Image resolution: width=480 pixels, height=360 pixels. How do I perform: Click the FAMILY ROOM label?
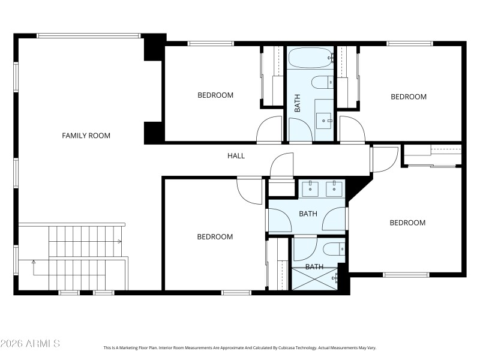click(86, 136)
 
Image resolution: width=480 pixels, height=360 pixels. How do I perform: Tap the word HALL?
click(236, 156)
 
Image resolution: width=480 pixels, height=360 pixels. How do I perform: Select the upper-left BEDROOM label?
click(215, 95)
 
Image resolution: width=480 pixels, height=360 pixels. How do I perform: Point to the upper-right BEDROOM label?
click(409, 97)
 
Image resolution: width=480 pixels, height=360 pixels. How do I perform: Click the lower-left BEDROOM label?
click(215, 237)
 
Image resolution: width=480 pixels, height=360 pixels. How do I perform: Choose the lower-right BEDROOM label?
click(407, 223)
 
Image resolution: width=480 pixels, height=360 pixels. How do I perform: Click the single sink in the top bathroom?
click(325, 121)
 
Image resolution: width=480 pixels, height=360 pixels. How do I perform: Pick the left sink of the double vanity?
click(310, 189)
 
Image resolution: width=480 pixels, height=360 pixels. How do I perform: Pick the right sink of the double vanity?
click(333, 189)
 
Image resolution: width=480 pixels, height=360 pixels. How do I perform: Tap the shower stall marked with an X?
click(314, 279)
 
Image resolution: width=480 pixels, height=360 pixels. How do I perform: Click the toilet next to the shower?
click(333, 248)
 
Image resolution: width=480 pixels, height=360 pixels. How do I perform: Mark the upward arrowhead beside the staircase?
click(34, 262)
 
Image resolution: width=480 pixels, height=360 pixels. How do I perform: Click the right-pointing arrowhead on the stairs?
click(120, 242)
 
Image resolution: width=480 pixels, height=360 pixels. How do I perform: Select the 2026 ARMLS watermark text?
click(30, 344)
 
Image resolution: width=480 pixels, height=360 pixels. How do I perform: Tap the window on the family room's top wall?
click(89, 35)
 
